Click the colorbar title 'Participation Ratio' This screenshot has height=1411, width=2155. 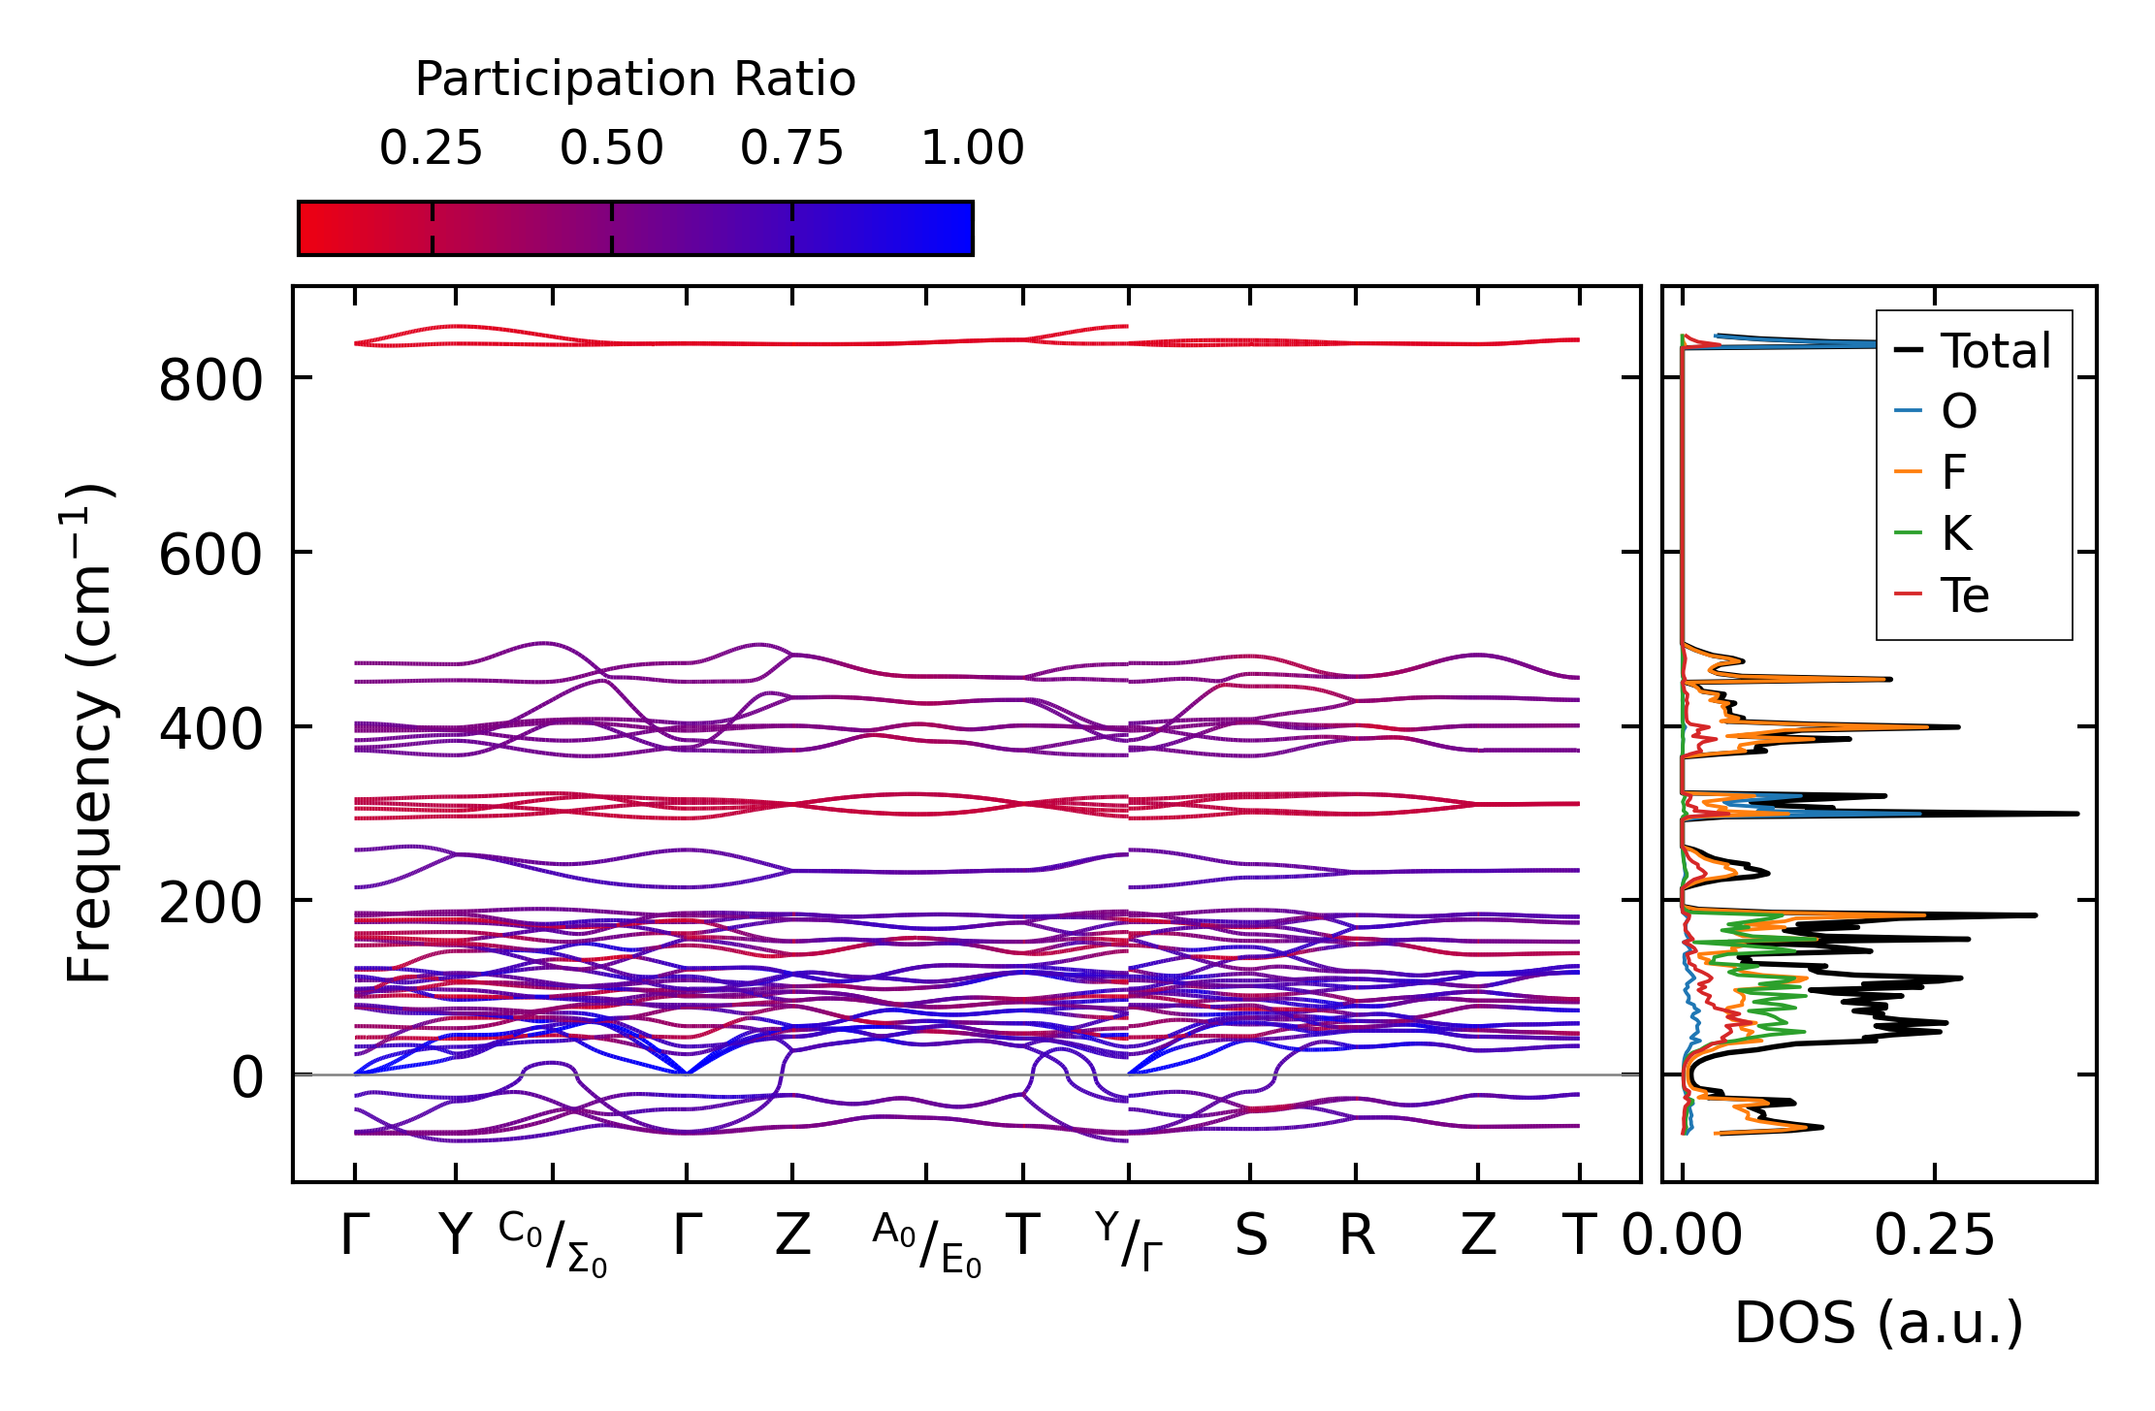tap(635, 80)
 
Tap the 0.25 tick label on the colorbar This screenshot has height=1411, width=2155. tap(431, 149)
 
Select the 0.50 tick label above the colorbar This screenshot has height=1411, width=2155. tap(611, 149)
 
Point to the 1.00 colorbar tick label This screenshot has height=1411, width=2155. tap(972, 149)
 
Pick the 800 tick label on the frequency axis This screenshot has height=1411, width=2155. tap(210, 380)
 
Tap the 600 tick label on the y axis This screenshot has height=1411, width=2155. tap(210, 556)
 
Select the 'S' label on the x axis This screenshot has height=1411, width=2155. tap(1250, 1236)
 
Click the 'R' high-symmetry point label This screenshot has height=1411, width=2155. tap(1356, 1236)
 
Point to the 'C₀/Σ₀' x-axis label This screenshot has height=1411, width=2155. tap(553, 1244)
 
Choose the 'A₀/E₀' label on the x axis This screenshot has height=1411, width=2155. tap(926, 1244)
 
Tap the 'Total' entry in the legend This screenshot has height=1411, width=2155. tap(1995, 351)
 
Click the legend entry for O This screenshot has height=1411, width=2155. tap(1958, 412)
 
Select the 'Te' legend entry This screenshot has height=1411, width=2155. tap(1964, 595)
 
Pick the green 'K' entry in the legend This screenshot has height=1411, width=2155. tap(1956, 533)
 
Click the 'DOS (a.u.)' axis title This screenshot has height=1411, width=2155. tap(1879, 1324)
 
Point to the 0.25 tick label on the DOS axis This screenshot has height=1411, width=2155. tap(1934, 1236)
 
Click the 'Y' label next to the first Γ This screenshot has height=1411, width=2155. tap(455, 1236)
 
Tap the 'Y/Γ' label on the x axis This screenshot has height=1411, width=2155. tap(1128, 1241)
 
